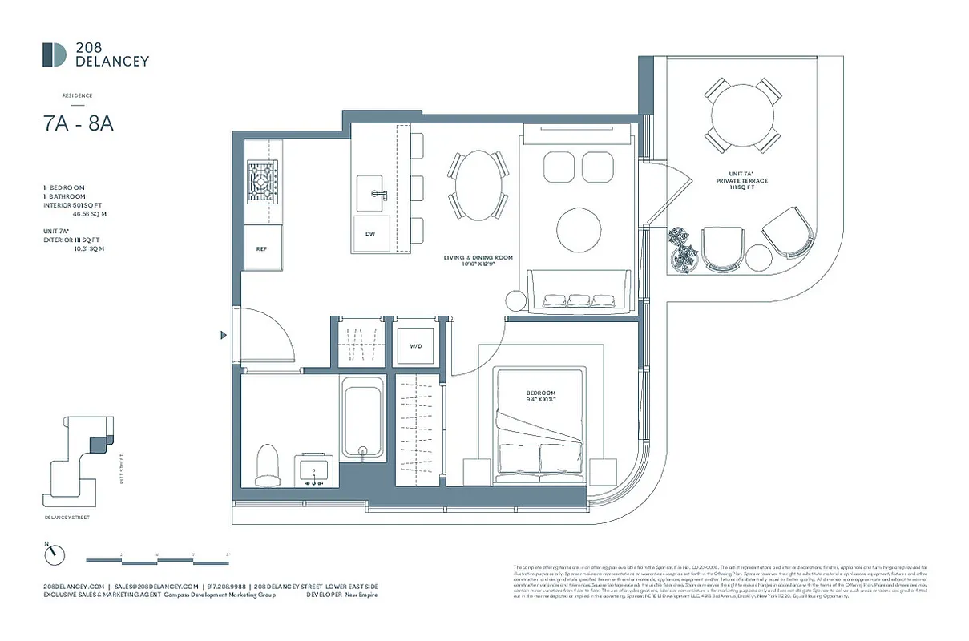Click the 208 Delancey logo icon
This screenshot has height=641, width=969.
point(55,54)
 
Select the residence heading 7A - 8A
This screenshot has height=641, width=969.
point(79,124)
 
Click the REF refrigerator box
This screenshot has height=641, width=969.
point(261,249)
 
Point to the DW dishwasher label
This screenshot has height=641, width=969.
point(370,234)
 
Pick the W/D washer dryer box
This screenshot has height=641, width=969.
point(416,346)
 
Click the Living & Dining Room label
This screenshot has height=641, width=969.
point(478,261)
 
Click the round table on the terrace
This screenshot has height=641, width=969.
point(743,114)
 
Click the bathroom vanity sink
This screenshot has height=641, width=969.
point(313,470)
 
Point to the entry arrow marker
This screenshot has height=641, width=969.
point(224,336)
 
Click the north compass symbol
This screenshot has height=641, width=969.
point(54,554)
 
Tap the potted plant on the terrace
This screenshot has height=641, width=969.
point(682,248)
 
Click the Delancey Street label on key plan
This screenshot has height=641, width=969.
point(67,518)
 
